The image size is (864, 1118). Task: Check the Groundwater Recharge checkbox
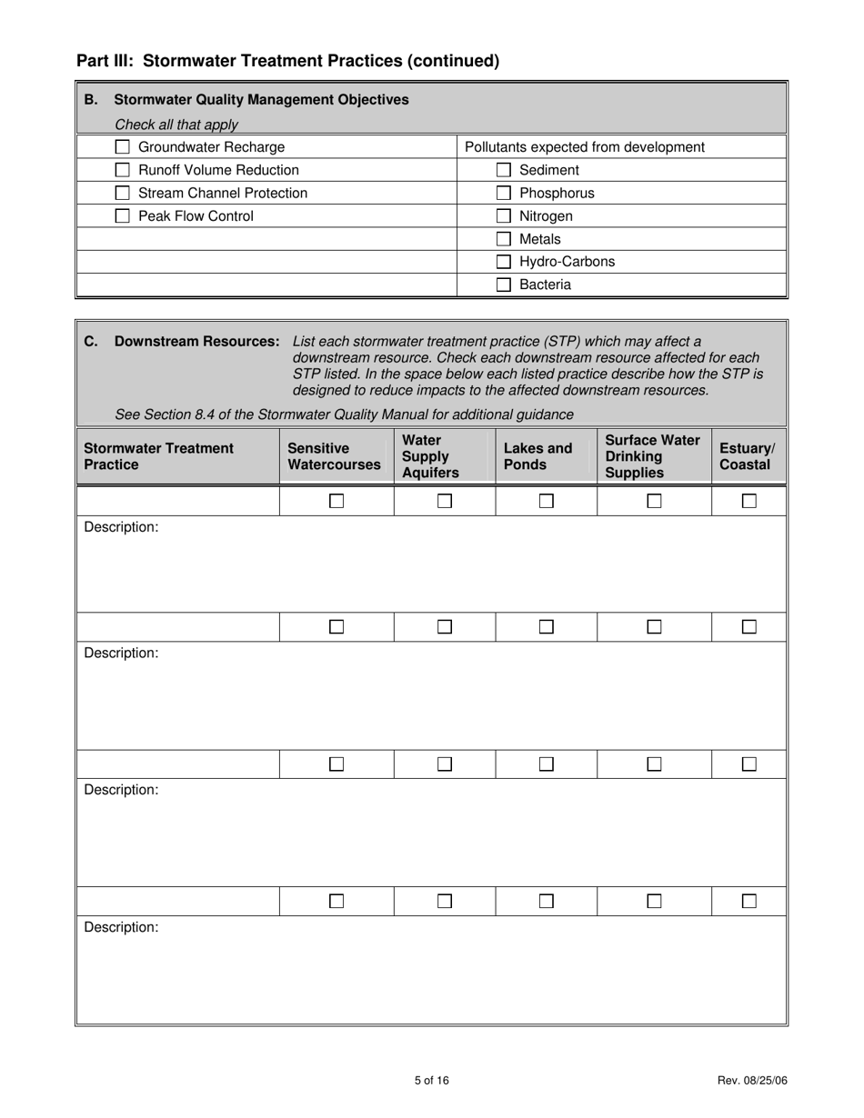(x=123, y=147)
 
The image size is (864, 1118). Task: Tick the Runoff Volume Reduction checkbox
(x=123, y=170)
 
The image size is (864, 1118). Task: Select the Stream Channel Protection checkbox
(x=123, y=193)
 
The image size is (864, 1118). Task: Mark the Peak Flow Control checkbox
(x=123, y=216)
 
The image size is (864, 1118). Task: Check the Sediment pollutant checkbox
(x=504, y=170)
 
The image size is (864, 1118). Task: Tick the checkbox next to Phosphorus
(x=504, y=193)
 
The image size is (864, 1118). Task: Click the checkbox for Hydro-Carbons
(x=504, y=262)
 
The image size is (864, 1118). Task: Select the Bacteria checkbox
(x=504, y=284)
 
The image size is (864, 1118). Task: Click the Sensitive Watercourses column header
(x=334, y=456)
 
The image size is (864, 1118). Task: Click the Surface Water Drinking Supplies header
(x=652, y=456)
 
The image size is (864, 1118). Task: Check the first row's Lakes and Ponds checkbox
(x=547, y=501)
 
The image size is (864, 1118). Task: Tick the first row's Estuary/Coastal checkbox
(x=749, y=501)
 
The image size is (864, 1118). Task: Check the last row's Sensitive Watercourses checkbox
(x=337, y=902)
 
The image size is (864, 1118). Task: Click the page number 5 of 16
(x=432, y=1081)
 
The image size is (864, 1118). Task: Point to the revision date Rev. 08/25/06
(x=752, y=1081)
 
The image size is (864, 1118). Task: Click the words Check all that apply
(x=176, y=125)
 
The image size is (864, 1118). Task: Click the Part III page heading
(x=288, y=61)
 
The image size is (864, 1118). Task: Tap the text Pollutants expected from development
(x=584, y=147)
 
